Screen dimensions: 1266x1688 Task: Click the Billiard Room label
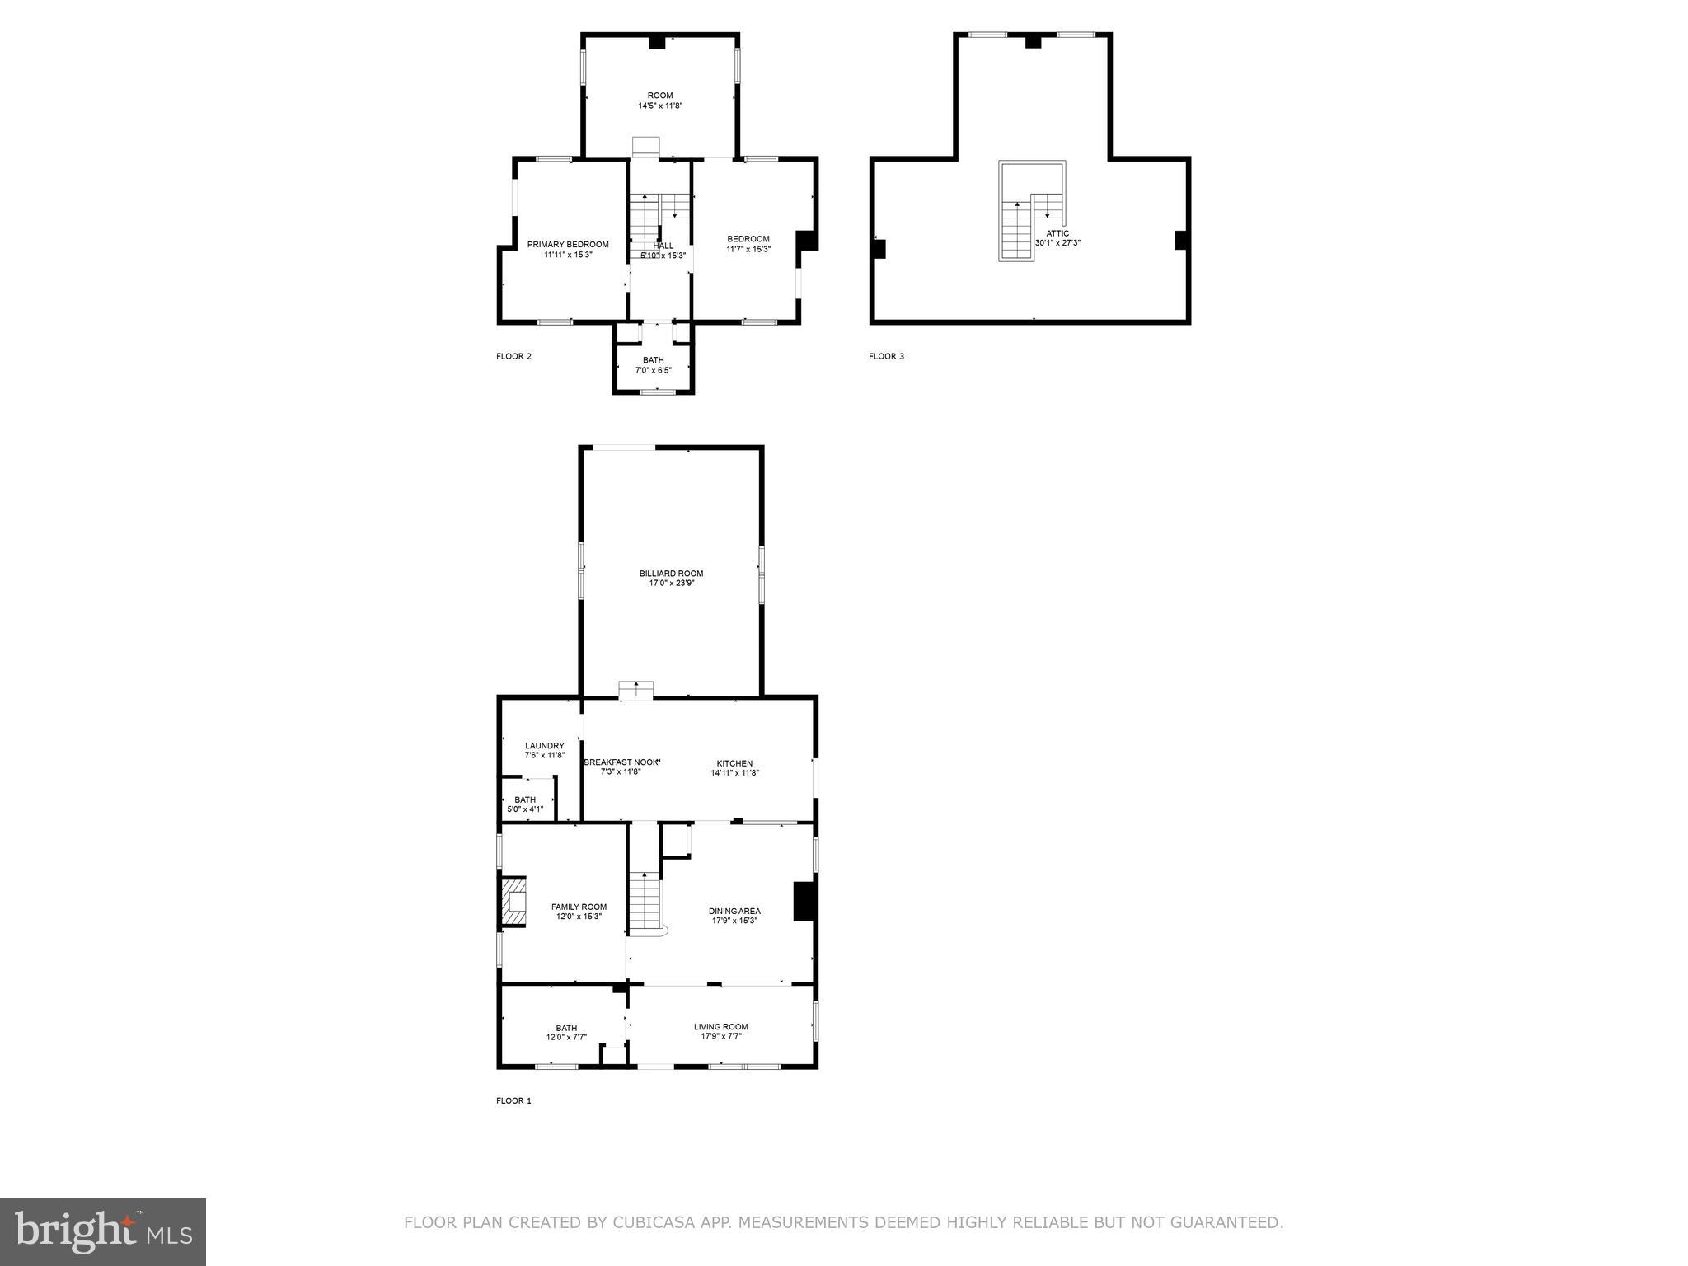click(671, 574)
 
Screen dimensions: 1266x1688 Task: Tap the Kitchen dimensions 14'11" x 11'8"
click(734, 773)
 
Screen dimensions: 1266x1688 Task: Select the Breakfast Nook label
click(621, 762)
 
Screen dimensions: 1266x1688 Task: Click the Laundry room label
click(544, 746)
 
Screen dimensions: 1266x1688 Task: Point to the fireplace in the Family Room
click(513, 902)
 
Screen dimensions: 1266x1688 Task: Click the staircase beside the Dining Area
click(645, 902)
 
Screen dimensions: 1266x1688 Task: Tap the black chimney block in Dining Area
click(804, 901)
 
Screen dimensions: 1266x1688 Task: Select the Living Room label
click(720, 1027)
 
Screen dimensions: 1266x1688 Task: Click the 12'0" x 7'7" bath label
click(566, 1033)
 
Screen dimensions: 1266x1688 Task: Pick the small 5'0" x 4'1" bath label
click(525, 804)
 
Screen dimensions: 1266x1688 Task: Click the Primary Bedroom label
click(568, 245)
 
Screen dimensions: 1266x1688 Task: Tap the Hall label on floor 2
click(663, 246)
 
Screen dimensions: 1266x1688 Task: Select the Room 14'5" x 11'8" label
click(659, 96)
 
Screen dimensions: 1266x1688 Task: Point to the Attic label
click(1057, 233)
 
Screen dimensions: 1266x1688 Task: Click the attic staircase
click(1017, 231)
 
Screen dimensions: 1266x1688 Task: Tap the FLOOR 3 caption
click(886, 356)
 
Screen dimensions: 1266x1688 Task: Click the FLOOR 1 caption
click(513, 1100)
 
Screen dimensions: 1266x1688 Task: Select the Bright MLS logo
click(103, 1231)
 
